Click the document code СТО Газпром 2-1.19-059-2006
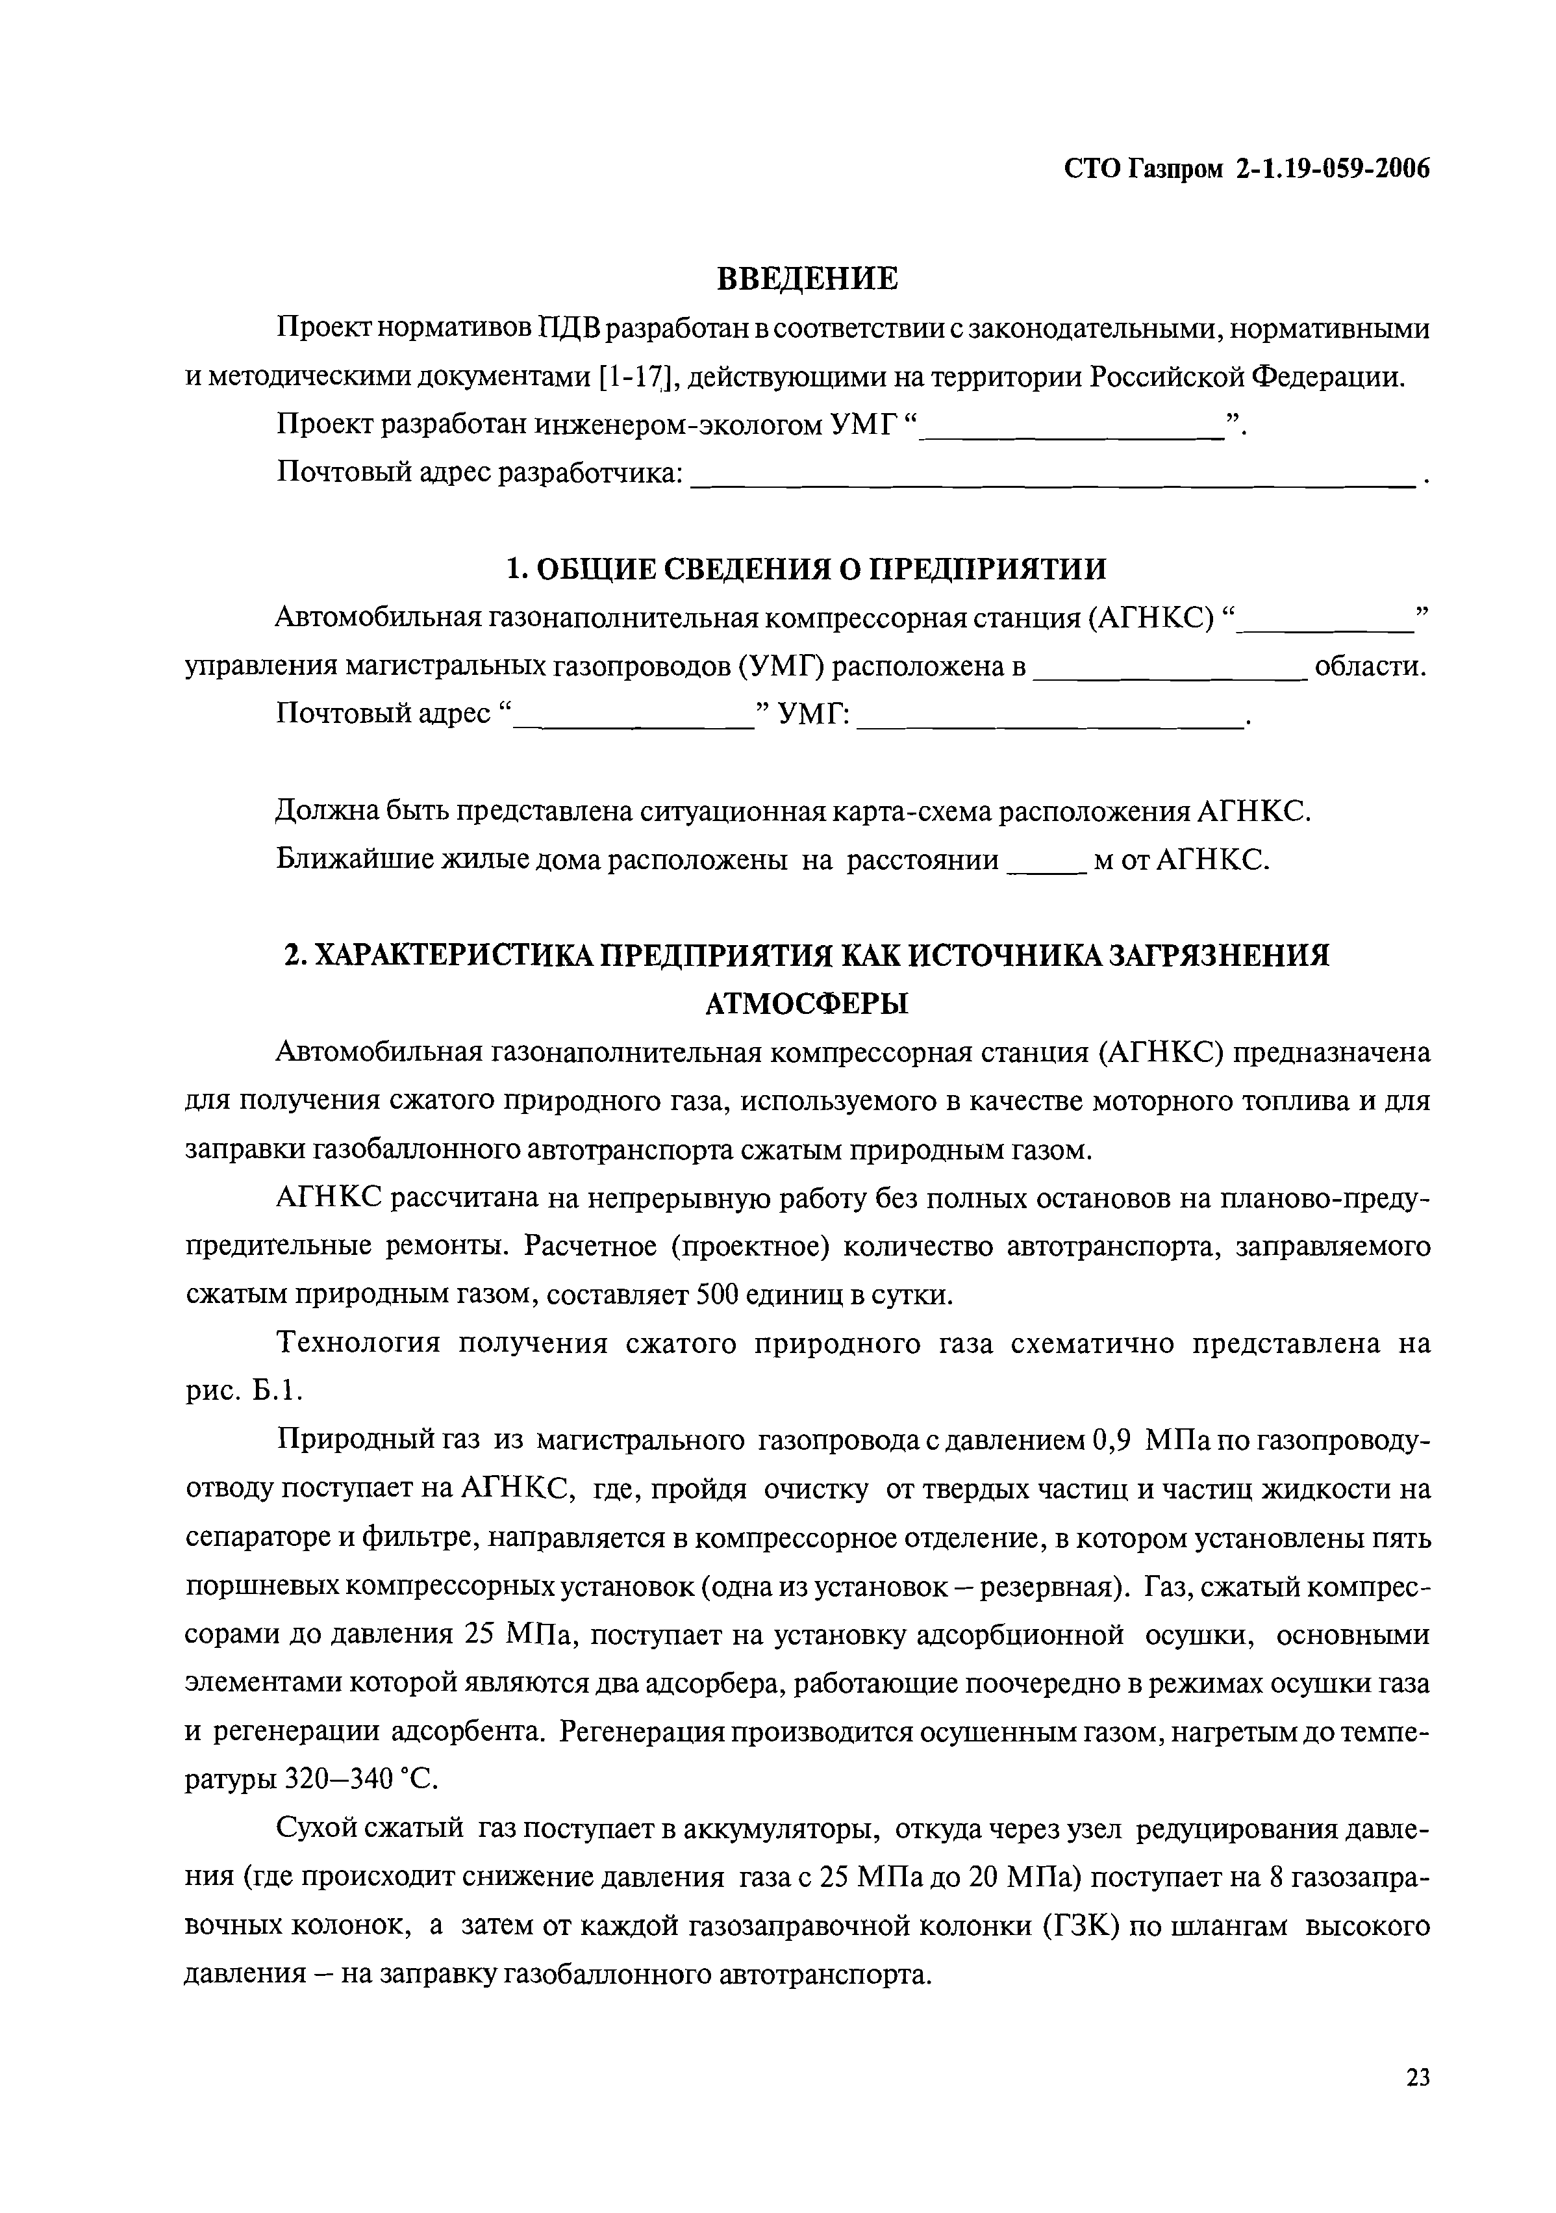tap(1247, 170)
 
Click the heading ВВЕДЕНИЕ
tap(807, 279)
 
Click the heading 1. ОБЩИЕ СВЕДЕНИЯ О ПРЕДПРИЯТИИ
tap(807, 568)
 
